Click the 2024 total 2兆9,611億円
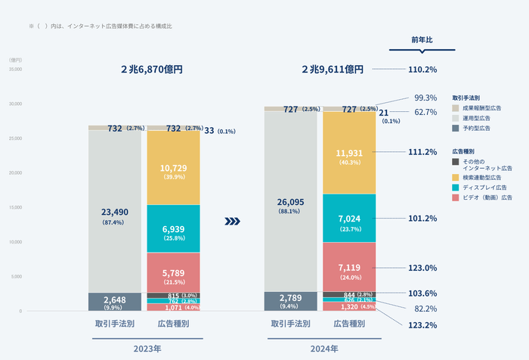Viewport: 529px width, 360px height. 333,69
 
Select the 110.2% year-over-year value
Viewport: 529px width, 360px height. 422,69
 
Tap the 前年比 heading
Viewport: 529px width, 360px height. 422,39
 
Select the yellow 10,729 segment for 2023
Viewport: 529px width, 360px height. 173,170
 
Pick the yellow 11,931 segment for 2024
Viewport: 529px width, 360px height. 349,156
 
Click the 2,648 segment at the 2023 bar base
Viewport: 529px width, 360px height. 115,302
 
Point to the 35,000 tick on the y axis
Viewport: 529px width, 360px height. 15,69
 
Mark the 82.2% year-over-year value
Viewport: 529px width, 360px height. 425,309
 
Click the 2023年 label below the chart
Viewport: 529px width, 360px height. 147,349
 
